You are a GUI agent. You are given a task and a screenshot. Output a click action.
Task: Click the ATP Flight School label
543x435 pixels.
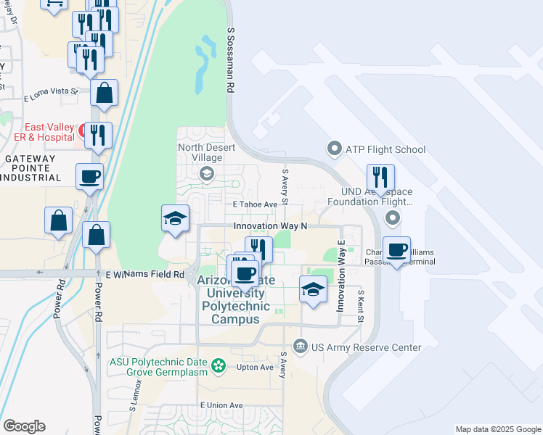pos(385,150)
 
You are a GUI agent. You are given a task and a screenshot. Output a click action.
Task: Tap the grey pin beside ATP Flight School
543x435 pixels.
pos(335,150)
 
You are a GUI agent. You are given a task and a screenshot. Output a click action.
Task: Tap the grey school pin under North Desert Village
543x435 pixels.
pos(207,173)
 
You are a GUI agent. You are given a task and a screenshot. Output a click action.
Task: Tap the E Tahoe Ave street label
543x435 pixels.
pos(256,204)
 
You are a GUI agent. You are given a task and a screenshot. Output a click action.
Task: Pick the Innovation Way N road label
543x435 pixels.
pos(271,226)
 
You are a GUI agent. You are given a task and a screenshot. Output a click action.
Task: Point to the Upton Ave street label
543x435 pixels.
pos(255,368)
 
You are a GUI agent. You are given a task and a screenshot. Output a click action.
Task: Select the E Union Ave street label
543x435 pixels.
pos(221,405)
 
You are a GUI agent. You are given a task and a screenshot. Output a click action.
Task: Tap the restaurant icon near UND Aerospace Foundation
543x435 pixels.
pos(380,177)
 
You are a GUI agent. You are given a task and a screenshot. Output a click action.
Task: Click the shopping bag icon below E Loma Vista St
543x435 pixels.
pos(105,93)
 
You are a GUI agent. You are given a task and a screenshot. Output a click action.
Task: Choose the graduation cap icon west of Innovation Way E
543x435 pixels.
pos(313,289)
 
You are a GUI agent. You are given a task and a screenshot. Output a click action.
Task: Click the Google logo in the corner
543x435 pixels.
pos(24,426)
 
